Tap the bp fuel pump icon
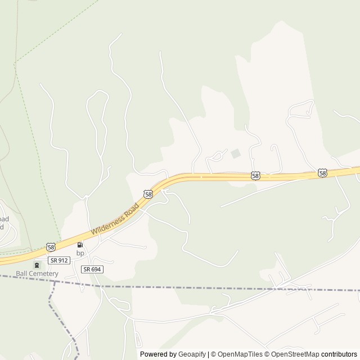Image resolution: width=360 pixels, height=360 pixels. pos(80,245)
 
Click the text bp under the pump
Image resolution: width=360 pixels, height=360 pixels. pos(80,253)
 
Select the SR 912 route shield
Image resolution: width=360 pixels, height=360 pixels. pos(58,260)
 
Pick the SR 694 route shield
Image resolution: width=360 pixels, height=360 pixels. pos(92,269)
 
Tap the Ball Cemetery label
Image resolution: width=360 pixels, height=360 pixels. pos(37,273)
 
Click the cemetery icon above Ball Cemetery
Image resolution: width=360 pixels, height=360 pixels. pos(37,265)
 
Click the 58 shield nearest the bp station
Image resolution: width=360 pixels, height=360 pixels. pos(51,247)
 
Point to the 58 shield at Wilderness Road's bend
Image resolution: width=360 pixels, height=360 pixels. pos(148,194)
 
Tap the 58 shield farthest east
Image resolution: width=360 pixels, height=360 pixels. pos(322,173)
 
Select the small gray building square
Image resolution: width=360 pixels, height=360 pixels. pos(236,153)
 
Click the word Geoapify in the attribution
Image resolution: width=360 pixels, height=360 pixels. pos(192,354)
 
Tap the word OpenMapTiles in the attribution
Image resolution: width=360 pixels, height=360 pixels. pos(240,354)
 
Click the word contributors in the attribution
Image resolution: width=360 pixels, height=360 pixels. pos(339,354)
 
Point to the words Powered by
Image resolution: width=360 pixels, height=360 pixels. pos(158,354)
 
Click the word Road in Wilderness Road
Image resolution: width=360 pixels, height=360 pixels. pos(129,209)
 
